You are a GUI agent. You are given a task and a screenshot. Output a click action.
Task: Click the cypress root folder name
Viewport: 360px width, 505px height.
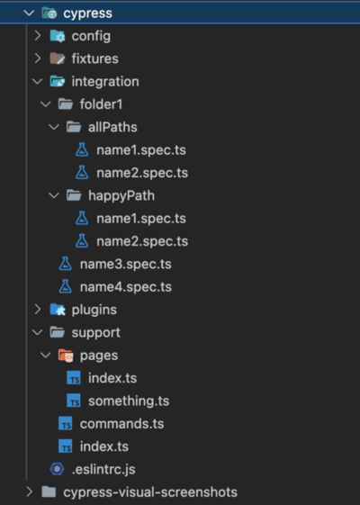click(87, 14)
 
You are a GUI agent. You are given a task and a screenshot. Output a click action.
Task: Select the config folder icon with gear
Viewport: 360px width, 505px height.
click(58, 36)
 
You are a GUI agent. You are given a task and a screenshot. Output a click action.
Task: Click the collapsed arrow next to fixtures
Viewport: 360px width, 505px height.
click(38, 59)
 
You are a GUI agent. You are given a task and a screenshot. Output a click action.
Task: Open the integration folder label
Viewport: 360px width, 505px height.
click(105, 82)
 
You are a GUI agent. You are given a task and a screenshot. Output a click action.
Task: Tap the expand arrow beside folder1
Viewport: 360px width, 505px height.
click(46, 104)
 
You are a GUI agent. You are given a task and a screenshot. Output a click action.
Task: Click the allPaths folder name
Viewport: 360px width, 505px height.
click(112, 127)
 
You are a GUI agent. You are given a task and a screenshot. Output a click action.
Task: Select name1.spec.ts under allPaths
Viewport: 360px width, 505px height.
click(141, 150)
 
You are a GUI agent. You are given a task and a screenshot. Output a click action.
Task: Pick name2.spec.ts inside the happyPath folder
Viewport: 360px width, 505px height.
click(142, 241)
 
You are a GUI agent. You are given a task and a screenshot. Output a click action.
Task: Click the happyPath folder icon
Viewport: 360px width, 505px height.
click(74, 195)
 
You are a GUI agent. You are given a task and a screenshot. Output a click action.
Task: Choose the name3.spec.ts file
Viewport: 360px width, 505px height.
click(126, 265)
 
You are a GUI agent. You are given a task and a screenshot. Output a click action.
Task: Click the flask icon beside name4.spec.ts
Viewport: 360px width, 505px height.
click(66, 286)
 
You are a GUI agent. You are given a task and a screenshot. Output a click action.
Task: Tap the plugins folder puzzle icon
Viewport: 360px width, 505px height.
click(58, 310)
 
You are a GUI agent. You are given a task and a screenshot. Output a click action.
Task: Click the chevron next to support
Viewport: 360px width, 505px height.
click(38, 332)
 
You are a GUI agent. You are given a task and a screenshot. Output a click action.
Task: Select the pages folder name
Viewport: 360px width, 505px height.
click(99, 356)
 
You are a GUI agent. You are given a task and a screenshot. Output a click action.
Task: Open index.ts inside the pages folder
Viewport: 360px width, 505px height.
click(112, 378)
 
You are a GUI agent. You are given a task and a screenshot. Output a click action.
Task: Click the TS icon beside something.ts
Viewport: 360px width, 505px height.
click(74, 401)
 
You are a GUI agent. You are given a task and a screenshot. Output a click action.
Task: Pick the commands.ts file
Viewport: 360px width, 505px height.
click(121, 424)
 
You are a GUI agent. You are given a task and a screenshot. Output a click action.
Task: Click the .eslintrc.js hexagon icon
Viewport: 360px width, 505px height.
click(58, 469)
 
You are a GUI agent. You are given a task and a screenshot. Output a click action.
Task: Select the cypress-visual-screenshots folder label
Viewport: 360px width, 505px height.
click(150, 492)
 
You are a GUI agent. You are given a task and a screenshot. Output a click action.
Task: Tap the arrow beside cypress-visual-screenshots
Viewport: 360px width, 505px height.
click(30, 492)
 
